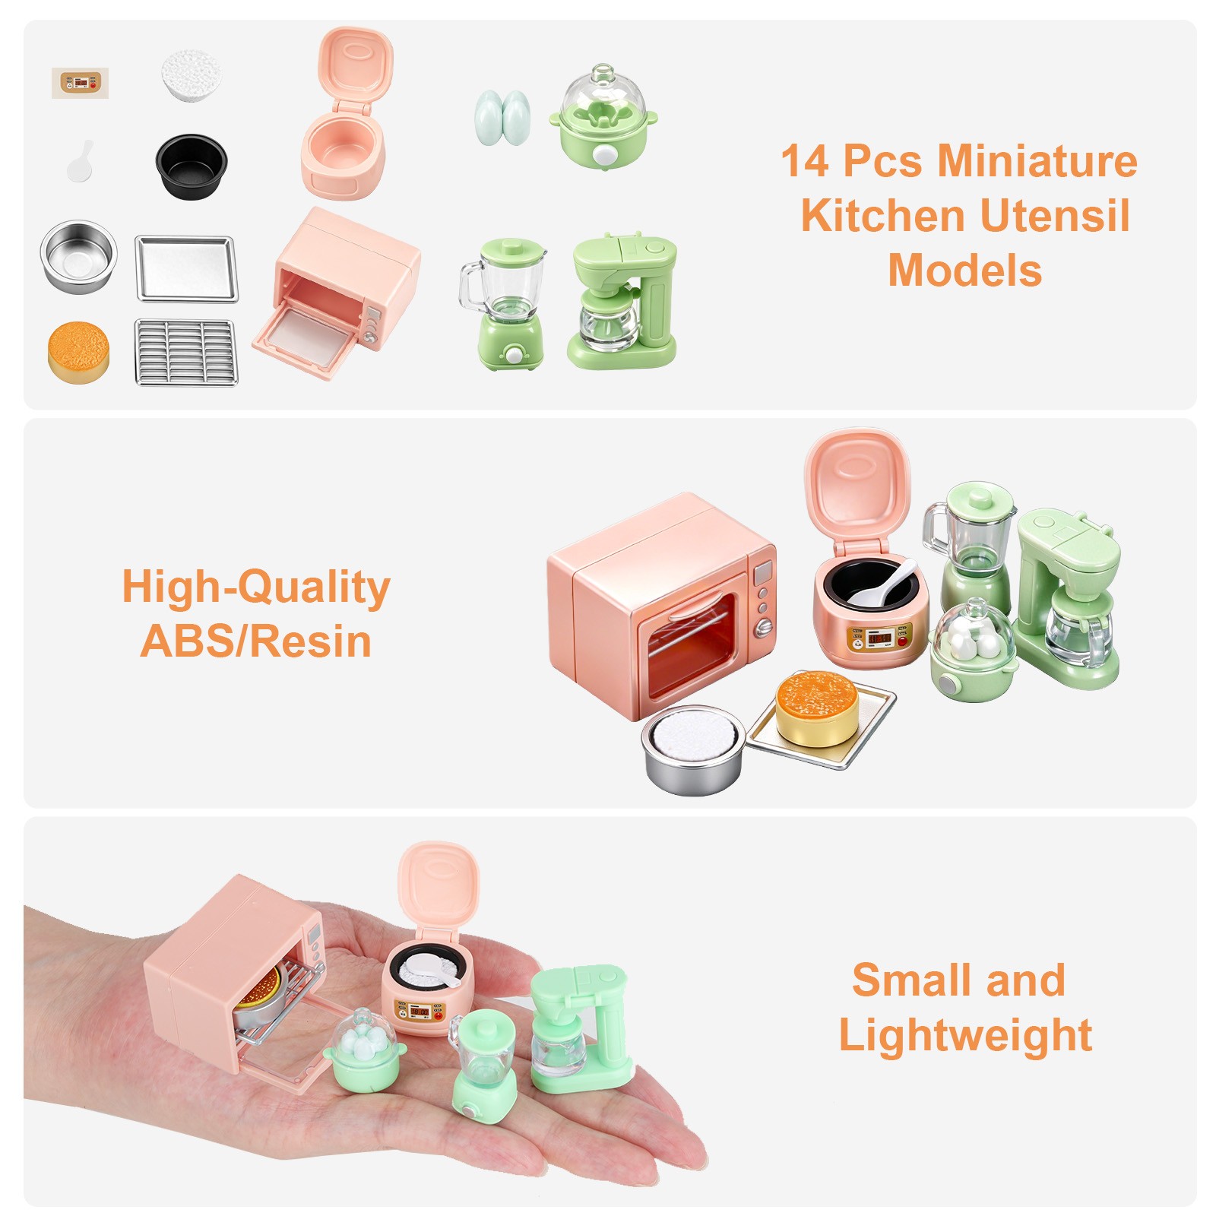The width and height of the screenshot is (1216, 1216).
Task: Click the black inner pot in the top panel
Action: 192,166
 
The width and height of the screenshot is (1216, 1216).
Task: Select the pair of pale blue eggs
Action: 502,116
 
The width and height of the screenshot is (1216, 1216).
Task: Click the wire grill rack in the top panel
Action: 186,352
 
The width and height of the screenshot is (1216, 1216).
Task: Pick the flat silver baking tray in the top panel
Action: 186,268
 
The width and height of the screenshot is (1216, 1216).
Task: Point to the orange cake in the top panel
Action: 78,352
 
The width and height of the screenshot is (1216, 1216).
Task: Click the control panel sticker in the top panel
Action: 80,83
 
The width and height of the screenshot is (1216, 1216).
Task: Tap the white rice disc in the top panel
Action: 191,75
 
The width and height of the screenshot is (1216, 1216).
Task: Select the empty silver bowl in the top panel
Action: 78,256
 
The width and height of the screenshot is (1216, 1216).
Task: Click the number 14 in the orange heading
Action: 806,161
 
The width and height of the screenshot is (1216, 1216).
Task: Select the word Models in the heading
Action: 964,271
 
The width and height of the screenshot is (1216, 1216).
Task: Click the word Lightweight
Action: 965,1035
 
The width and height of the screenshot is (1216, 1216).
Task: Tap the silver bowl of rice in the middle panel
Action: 692,749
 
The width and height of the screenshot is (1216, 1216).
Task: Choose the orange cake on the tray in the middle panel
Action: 817,708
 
